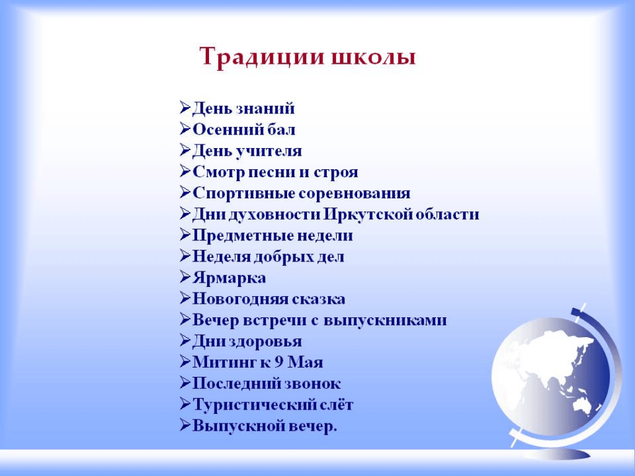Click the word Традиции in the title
click(x=262, y=57)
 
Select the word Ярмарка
click(x=229, y=278)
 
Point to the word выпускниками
click(x=385, y=320)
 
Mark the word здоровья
click(x=265, y=342)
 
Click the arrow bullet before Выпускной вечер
click(x=185, y=425)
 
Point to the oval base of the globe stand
click(x=557, y=455)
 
